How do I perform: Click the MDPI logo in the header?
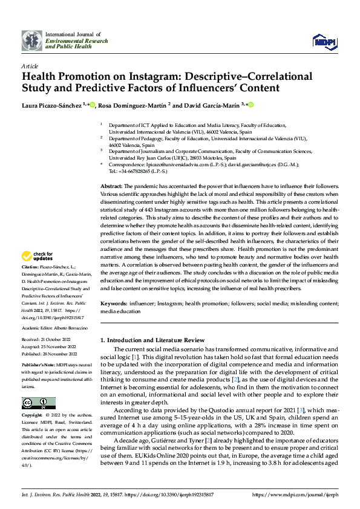click(324, 41)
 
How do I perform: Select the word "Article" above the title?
click(30, 66)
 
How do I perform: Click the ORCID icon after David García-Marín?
click(250, 105)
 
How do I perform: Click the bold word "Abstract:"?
click(111, 186)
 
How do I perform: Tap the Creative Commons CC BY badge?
click(39, 403)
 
